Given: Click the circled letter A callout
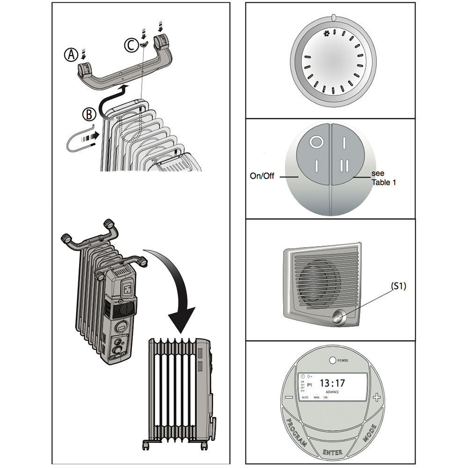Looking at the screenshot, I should (71, 55).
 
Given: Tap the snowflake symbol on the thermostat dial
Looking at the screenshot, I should (327, 34).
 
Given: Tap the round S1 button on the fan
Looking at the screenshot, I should (338, 319).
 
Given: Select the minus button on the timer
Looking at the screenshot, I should (289, 397).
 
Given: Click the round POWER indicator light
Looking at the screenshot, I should (333, 361).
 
